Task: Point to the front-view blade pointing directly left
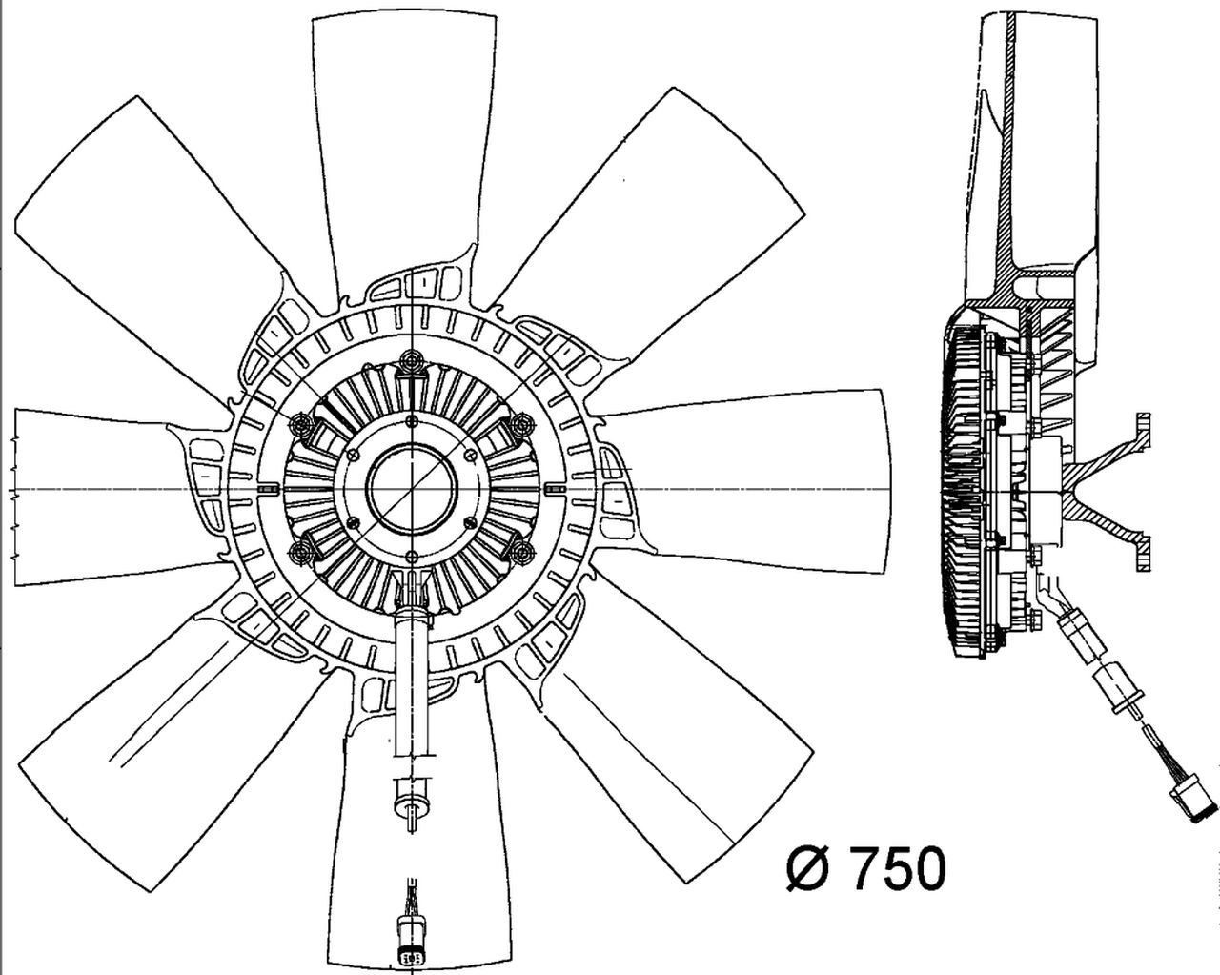105,496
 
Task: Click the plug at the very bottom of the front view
412,949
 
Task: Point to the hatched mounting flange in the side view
1115,491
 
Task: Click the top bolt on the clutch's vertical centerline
413,360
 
